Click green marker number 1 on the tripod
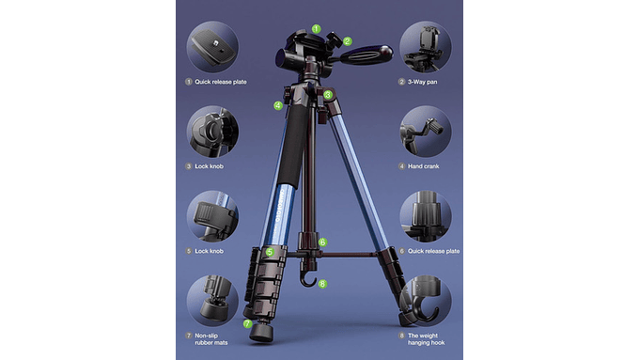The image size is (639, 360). pos(317,29)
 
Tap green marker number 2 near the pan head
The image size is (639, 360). pos(347,41)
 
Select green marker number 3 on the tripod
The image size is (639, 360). pos(328,95)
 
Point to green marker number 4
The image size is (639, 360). pos(278,105)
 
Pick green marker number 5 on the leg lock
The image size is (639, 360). pos(270,252)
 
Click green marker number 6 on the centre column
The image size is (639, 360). pos(322,243)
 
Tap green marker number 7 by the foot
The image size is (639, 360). pos(247,323)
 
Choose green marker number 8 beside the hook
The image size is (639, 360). pos(322,284)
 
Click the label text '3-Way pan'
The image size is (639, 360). pos(422,82)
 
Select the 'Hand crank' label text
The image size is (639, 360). pos(424,166)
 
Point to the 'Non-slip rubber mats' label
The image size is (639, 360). pos(211,339)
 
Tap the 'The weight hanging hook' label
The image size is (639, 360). pos(427,339)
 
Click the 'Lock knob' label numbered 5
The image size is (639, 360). pos(209,251)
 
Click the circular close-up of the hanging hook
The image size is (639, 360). pos(426,301)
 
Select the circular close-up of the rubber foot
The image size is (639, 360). pos(212,301)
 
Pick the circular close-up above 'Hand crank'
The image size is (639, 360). pos(426,132)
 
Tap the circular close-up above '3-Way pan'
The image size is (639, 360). pos(426,47)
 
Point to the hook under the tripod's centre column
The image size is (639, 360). pos(308,279)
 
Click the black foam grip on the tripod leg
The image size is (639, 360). pos(294,146)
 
